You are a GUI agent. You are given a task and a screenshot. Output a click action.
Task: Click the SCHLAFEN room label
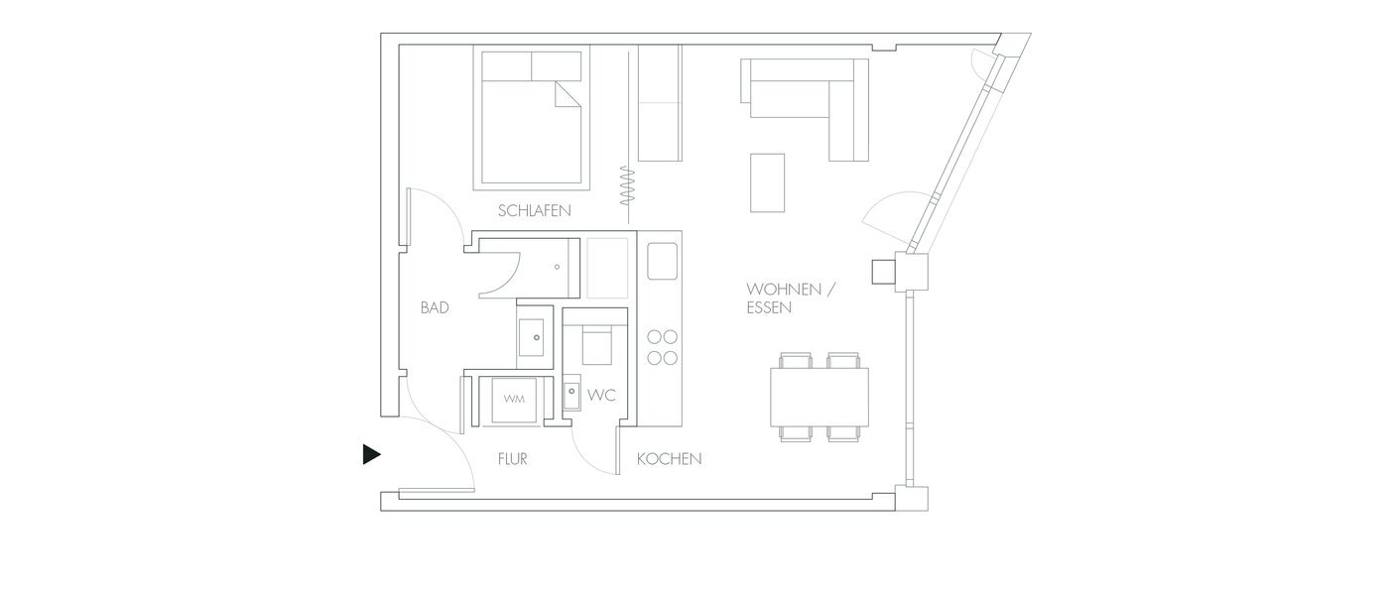coord(535,211)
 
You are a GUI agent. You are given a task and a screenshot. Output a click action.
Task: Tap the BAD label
coord(435,308)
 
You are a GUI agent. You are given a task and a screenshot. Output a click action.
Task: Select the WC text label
coord(601,395)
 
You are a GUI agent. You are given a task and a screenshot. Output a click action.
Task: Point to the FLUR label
coord(512,459)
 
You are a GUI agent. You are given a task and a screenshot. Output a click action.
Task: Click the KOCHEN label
coord(669,459)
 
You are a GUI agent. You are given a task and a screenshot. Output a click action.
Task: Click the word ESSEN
coord(769,308)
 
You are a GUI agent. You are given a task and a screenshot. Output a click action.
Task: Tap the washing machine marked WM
coord(513,400)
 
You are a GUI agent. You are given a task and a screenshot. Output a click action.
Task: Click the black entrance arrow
coord(371,454)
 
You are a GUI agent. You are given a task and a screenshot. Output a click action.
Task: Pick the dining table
coord(820,397)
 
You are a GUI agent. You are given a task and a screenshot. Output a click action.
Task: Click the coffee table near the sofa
coord(768,181)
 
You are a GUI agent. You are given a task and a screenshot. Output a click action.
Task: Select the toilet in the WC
coord(596,345)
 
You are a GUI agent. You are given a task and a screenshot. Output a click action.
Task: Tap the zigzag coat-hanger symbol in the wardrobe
coord(626,185)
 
